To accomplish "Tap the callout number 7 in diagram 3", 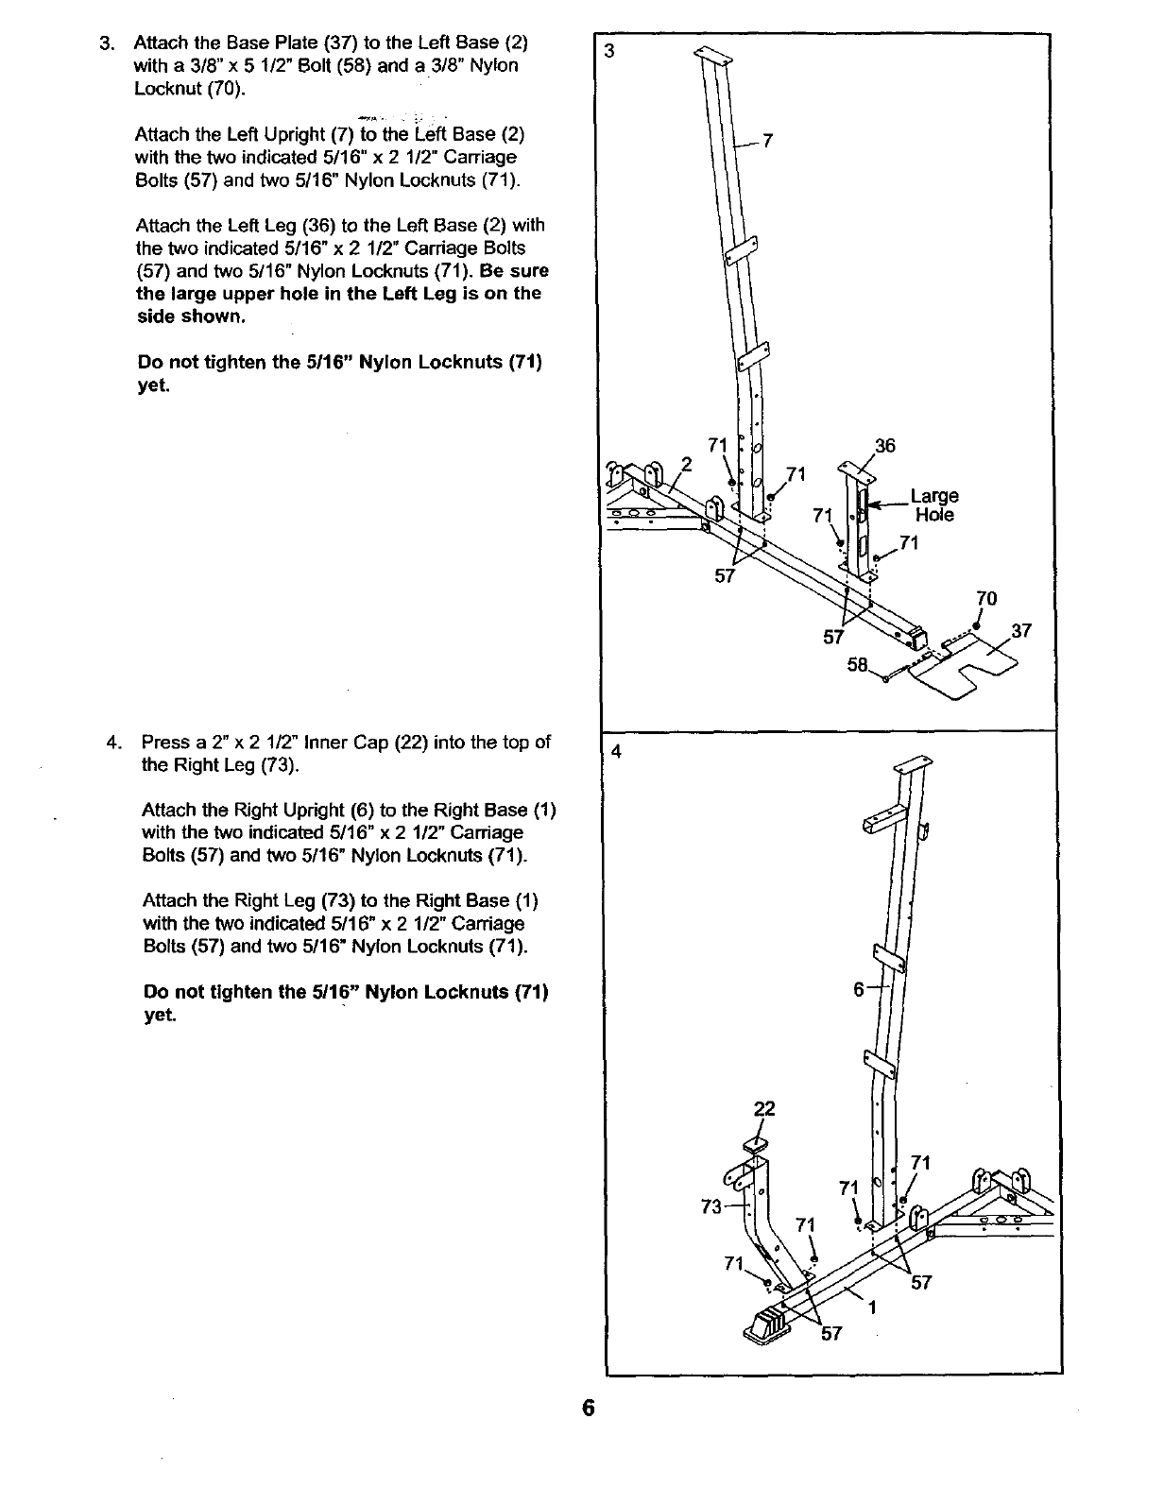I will pos(768,142).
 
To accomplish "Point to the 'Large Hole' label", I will pos(934,505).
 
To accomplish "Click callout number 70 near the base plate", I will pos(985,598).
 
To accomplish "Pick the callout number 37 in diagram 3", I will pos(1021,631).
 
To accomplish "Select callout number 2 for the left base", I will pos(687,465).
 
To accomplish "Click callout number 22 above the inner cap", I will pos(764,1108).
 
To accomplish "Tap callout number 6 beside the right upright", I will pos(859,989).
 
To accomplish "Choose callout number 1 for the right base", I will pos(873,1308).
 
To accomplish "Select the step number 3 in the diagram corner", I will pos(610,52).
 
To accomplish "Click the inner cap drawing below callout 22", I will pos(756,1145).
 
